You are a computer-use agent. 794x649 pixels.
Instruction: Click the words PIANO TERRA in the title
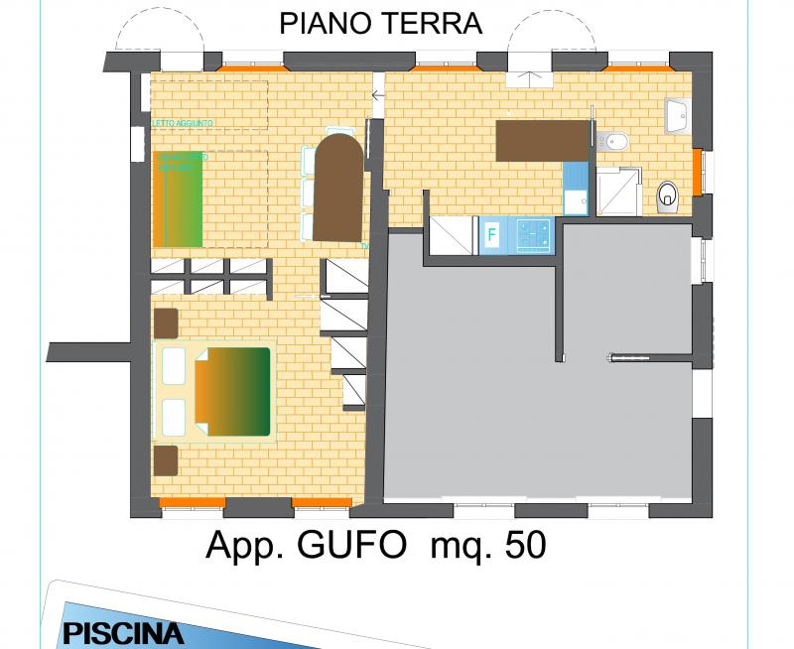tap(380, 25)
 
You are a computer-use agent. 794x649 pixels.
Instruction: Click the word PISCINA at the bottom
tap(123, 633)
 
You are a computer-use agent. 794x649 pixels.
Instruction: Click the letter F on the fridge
tap(490, 236)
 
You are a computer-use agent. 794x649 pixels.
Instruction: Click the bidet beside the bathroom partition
tap(613, 141)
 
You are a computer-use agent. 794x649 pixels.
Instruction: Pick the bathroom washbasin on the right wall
tap(678, 116)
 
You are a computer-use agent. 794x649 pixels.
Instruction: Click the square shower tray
tap(617, 191)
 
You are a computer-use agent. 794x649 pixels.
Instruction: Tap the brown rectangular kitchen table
tap(543, 140)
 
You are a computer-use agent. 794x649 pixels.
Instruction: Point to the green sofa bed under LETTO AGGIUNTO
tap(179, 198)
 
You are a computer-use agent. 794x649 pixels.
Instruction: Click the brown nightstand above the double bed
tap(166, 324)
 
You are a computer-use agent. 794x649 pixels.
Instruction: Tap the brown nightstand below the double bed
tap(166, 460)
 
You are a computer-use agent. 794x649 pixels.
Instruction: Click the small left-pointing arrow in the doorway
tap(378, 96)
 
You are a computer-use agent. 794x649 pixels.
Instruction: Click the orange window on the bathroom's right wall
tap(698, 171)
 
